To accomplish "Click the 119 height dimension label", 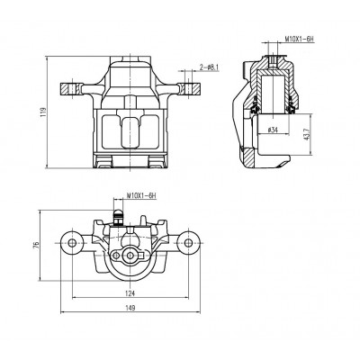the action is (44, 112).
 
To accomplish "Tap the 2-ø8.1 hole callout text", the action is (210, 67).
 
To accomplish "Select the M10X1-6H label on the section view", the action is (299, 39).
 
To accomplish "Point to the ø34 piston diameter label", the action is (273, 130).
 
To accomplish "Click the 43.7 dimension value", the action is (306, 135).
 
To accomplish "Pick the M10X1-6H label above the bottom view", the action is (141, 195).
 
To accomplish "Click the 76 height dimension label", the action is (37, 245).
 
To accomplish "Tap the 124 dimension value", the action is (130, 293).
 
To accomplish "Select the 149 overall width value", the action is (130, 308).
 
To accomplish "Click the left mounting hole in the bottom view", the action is (72, 243).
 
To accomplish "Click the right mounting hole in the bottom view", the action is (188, 243).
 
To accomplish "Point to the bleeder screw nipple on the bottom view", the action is (117, 217).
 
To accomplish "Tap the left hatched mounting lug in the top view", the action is (70, 89).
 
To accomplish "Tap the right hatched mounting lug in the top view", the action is (190, 89).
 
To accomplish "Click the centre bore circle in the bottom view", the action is (130, 256).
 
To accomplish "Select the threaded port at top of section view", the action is (273, 61).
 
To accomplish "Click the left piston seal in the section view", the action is (254, 107).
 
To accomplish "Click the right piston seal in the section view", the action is (291, 107).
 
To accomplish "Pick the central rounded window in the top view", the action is (130, 132).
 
